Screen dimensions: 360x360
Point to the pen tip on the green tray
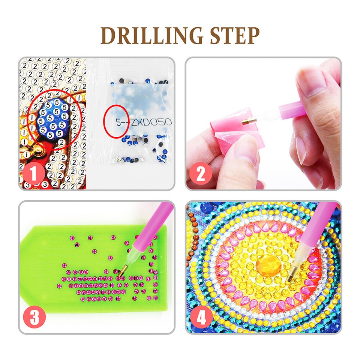(x=120, y=276)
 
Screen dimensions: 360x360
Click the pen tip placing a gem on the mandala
(x=290, y=279)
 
